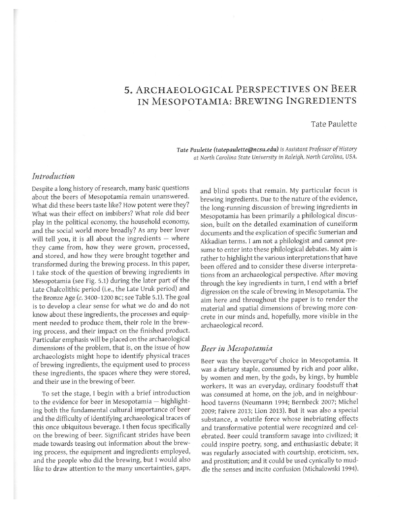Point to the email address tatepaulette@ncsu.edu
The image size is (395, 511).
[x=251, y=150]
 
